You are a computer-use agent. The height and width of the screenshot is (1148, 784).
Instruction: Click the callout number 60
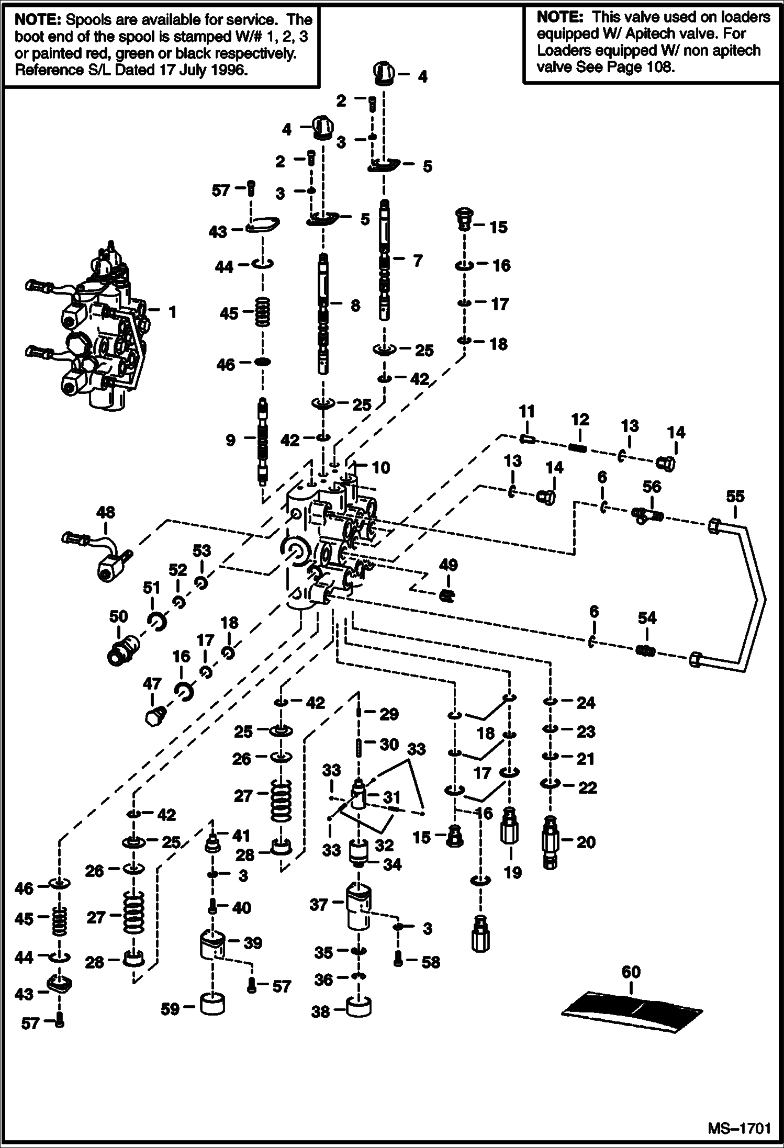coord(631,972)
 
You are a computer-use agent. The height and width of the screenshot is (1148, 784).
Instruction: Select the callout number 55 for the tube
coord(735,497)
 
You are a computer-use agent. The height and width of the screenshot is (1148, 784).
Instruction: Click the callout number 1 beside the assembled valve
coord(172,312)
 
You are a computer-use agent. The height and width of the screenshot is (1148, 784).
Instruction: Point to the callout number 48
coord(106,512)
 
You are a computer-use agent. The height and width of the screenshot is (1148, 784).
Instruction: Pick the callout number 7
coord(417,260)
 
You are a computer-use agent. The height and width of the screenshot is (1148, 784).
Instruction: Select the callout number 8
coord(355,305)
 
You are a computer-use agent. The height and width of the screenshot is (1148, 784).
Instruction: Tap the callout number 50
coord(118,616)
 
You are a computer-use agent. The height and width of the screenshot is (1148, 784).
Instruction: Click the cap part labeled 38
coord(359,1007)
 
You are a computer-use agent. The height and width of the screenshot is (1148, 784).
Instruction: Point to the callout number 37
coord(318,904)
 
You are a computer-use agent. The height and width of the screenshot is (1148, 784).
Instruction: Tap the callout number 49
coord(449,565)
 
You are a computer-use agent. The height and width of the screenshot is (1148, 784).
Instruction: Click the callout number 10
coord(380,467)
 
